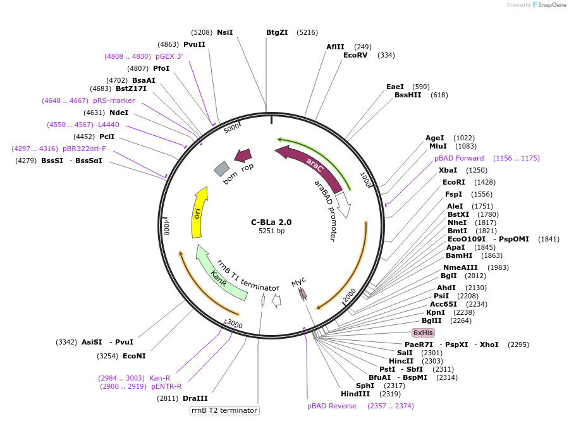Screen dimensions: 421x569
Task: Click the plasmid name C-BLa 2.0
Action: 271,222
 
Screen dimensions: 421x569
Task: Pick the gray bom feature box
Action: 221,168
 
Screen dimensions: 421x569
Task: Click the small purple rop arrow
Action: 243,156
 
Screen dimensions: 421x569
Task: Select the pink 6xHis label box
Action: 423,333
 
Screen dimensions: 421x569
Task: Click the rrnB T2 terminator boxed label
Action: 225,410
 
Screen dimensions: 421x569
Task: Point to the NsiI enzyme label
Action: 224,32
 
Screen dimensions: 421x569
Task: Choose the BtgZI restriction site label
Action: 277,32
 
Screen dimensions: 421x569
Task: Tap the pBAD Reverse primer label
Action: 332,406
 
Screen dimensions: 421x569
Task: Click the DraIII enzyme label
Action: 195,398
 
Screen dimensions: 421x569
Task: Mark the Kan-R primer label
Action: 159,378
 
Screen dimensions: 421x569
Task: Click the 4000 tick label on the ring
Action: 166,227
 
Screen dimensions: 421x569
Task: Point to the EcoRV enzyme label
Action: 355,55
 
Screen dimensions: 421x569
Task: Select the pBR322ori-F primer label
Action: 84,149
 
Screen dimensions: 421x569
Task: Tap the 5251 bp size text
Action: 271,231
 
